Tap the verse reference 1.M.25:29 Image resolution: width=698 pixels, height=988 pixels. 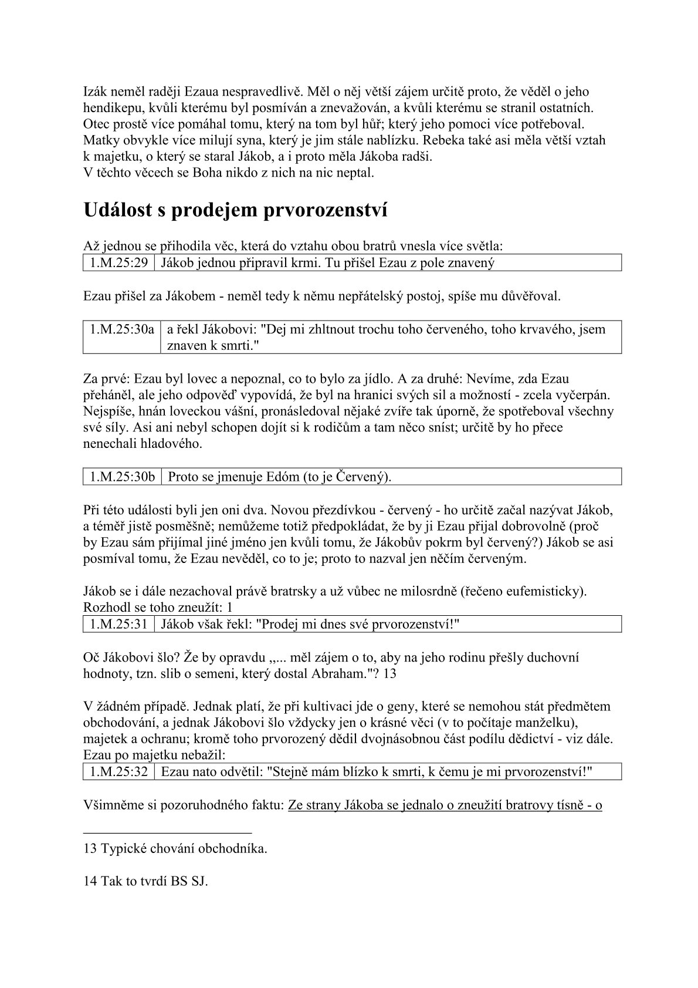coord(118,262)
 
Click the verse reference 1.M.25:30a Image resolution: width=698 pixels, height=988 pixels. coord(121,329)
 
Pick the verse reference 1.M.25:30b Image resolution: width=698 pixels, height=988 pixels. coord(122,477)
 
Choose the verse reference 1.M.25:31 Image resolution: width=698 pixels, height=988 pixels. coord(118,624)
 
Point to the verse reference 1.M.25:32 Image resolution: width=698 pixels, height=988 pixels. coord(118,771)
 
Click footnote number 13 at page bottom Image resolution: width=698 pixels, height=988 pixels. coord(90,848)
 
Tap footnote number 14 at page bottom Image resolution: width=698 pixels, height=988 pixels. coord(90,881)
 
